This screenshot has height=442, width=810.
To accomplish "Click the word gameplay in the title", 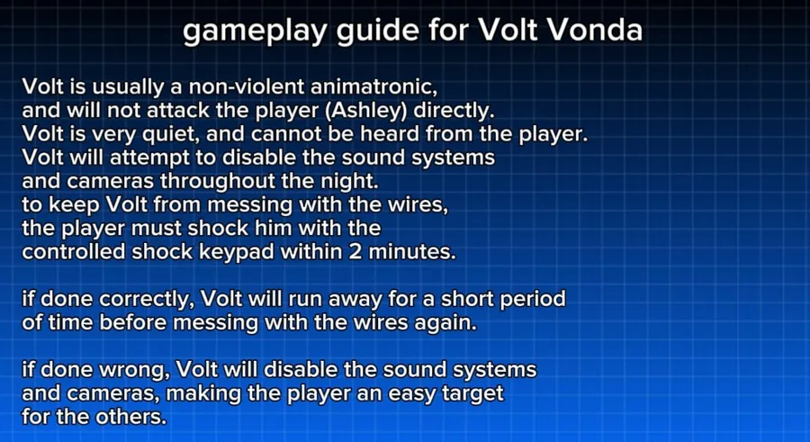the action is coord(256,32).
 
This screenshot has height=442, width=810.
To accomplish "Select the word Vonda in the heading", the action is coord(594,30).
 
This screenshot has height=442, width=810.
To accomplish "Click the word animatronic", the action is coord(373,86).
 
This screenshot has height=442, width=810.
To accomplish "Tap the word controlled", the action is coord(74,252).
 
